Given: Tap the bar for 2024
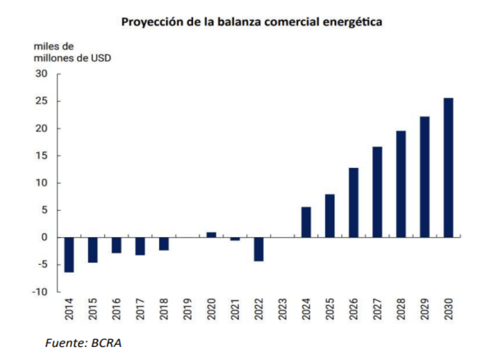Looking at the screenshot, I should coord(306,222).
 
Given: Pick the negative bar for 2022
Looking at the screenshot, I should coord(259,249).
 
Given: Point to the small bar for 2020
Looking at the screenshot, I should coord(211,235).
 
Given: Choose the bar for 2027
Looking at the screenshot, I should coord(377,192).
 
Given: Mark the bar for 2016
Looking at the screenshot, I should coord(116,245).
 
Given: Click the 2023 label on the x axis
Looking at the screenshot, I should coord(283,308).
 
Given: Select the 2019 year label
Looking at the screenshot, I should coord(188,308).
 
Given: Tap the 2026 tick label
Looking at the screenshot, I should coord(354,308).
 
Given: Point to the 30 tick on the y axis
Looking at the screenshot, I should coord(42,74).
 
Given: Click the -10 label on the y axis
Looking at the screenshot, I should coord(39,292).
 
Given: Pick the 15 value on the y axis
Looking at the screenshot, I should coord(42,156).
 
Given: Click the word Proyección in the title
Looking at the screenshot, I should coord(150,22).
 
